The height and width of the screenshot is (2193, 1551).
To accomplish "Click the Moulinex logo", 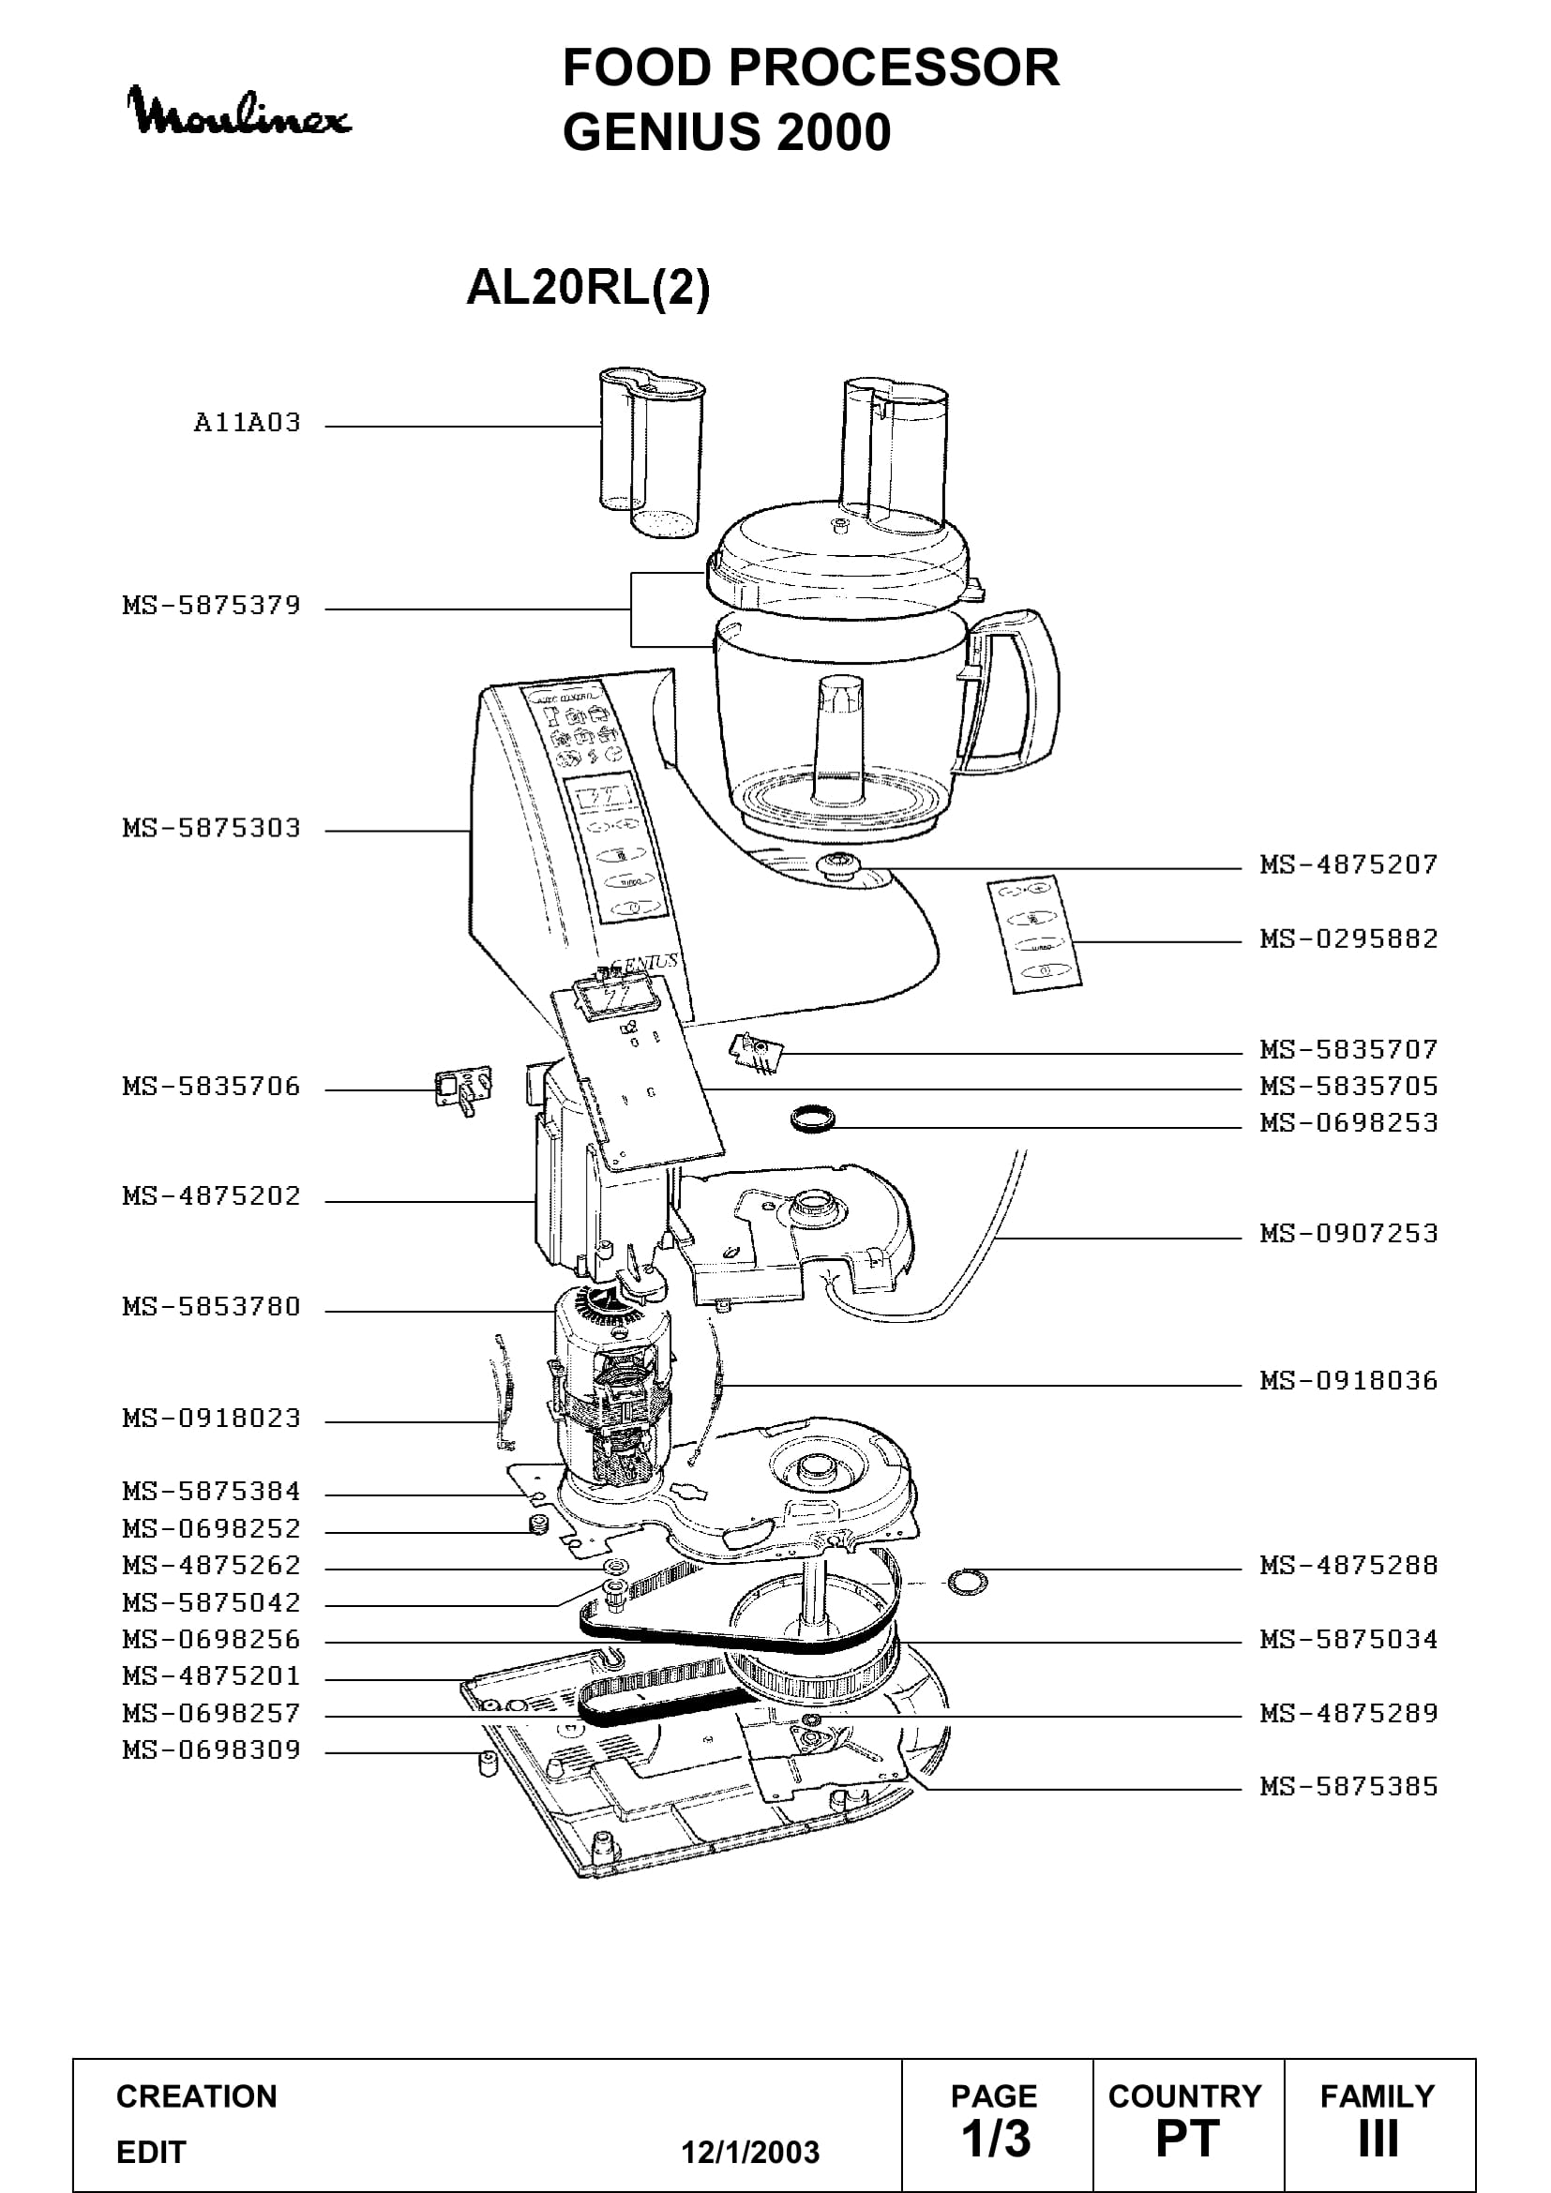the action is pos(239,111).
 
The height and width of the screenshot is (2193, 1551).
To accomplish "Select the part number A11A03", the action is pos(248,423).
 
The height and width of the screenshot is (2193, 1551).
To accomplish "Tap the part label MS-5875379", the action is pos(212,606).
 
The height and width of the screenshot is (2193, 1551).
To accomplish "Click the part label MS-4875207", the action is pos(1348,865).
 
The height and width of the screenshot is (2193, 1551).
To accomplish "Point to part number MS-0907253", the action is pos(1348,1234).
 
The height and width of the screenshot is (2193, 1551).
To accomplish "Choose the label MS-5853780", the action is pos(212,1307).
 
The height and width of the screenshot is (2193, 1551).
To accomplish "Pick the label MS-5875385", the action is pos(1348,1787).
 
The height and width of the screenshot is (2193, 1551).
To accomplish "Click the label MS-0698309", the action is pos(212,1750).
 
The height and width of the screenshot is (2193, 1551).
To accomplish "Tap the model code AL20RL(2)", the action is pos(588,287).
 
